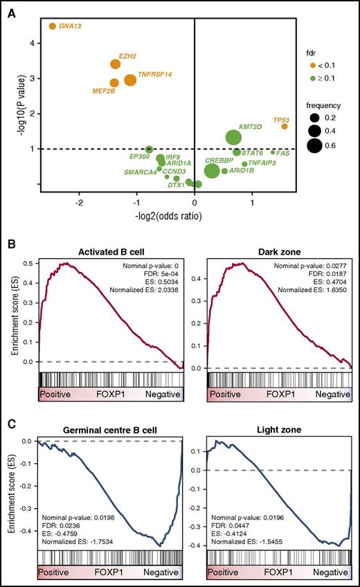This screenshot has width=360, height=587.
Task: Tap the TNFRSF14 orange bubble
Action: [x=130, y=81]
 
